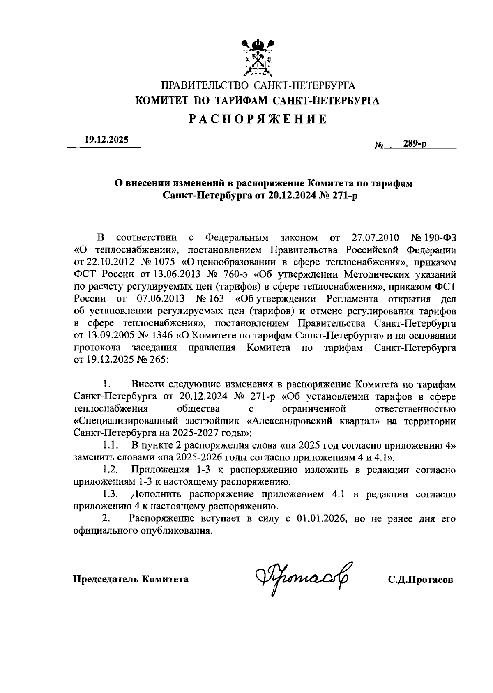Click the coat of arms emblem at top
(258, 58)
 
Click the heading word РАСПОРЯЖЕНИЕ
(258, 120)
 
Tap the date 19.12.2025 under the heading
(106, 140)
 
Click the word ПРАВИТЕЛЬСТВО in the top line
(205, 86)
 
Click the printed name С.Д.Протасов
(421, 580)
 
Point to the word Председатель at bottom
(106, 580)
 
